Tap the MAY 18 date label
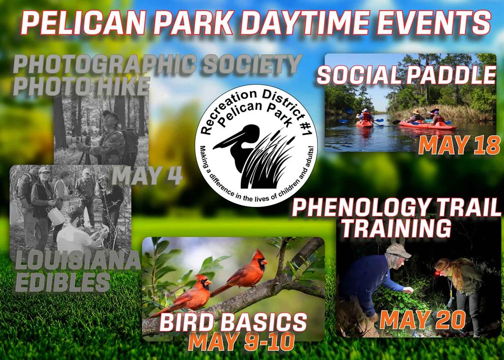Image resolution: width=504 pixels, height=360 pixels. tap(459, 145)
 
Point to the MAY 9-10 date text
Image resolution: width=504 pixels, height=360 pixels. tap(241, 342)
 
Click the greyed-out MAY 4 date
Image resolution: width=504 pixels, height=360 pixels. tap(147, 176)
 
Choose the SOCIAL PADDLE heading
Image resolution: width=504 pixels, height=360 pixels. tap(407, 75)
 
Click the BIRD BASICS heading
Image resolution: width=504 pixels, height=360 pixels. tap(233, 322)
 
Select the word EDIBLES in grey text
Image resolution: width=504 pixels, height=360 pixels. tap(63, 282)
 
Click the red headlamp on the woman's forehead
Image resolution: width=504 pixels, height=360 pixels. tap(438, 273)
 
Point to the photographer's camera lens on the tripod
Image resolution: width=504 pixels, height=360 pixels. tap(77, 140)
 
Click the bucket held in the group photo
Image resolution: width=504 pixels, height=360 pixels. tap(57, 216)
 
